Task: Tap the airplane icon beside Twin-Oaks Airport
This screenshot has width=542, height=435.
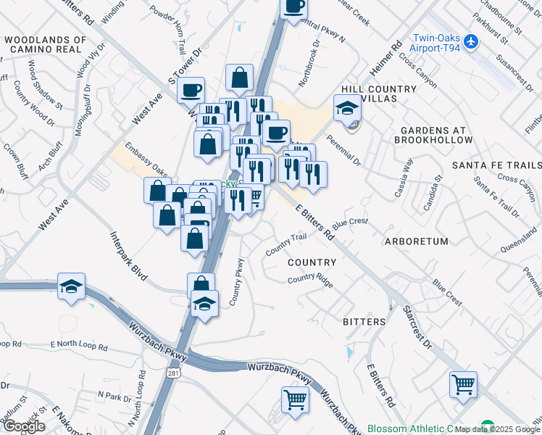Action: [x=472, y=42]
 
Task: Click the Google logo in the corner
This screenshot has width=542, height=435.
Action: [x=24, y=426]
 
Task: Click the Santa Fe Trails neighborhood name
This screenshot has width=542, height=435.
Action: [x=496, y=165]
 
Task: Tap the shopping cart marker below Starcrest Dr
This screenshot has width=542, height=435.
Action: [x=463, y=384]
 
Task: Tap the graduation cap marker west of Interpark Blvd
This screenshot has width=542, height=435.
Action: [x=72, y=286]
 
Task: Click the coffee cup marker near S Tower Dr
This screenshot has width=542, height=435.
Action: [x=191, y=90]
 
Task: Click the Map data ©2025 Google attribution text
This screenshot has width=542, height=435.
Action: [x=497, y=429]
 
